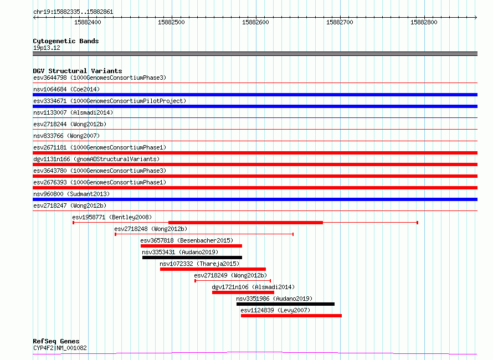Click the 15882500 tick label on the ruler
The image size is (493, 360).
(x=171, y=22)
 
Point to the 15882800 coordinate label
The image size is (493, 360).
(x=424, y=22)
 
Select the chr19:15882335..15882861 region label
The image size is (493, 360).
(x=73, y=12)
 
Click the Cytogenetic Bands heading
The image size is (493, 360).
(x=66, y=41)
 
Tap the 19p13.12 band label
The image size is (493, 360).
(x=47, y=48)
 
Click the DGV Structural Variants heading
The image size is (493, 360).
(x=78, y=71)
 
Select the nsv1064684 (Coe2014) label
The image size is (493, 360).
(x=66, y=89)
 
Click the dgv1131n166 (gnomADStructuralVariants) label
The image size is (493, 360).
(x=96, y=159)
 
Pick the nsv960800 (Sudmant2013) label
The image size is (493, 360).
(x=71, y=194)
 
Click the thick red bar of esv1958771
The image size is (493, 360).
(x=245, y=223)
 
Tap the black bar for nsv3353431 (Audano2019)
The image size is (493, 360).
(x=192, y=258)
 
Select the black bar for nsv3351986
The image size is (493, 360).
(x=285, y=304)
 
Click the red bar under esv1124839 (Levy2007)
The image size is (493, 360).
(x=291, y=316)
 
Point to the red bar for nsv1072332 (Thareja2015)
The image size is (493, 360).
(x=213, y=269)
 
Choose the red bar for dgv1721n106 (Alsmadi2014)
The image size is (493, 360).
(x=243, y=292)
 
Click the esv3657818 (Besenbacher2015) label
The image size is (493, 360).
(x=187, y=240)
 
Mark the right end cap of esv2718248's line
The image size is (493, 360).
(x=293, y=234)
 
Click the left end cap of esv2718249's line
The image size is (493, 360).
(x=195, y=281)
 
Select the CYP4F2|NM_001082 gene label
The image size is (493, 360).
(x=60, y=348)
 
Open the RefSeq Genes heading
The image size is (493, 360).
(x=56, y=341)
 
